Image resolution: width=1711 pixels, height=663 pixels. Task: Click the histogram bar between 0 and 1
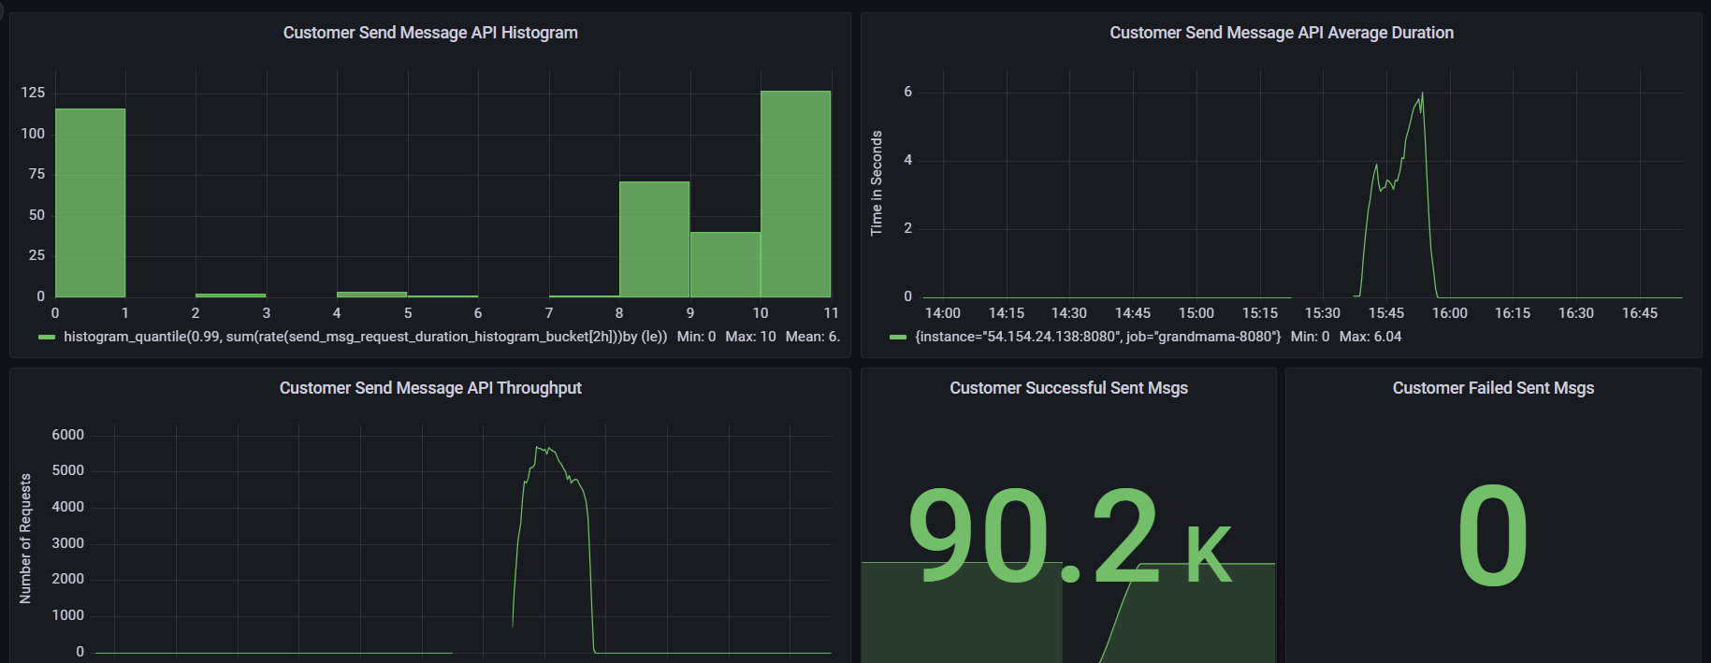coord(90,203)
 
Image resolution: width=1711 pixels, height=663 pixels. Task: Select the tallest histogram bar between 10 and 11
coord(795,194)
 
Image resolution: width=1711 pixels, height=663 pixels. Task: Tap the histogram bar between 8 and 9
coord(654,239)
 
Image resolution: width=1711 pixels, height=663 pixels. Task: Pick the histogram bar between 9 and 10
coord(725,265)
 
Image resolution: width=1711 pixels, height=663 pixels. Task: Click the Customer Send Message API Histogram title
coord(430,33)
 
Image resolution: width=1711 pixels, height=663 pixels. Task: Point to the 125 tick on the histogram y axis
coord(33,93)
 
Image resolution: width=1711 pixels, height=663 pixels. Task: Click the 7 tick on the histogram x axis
coord(549,313)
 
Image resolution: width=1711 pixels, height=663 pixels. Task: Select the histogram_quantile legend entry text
coord(365,337)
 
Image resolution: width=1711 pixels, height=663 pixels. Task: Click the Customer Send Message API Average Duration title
coord(1282,33)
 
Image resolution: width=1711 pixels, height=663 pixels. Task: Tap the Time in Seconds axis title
coord(877,183)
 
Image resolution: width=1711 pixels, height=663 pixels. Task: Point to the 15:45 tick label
coord(1385,313)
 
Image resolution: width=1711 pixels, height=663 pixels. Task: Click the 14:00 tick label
coord(942,313)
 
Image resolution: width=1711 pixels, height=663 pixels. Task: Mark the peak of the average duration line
coord(1422,94)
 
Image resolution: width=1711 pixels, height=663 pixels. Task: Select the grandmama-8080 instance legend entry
coord(1097,337)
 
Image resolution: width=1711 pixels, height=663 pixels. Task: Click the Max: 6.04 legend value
coord(1370,337)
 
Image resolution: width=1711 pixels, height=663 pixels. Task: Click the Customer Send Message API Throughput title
coord(430,388)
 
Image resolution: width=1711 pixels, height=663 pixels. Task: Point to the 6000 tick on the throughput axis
coord(67,435)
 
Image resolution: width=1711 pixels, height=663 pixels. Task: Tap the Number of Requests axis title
coord(25,539)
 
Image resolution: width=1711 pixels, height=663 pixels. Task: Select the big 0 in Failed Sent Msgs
coord(1493,537)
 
